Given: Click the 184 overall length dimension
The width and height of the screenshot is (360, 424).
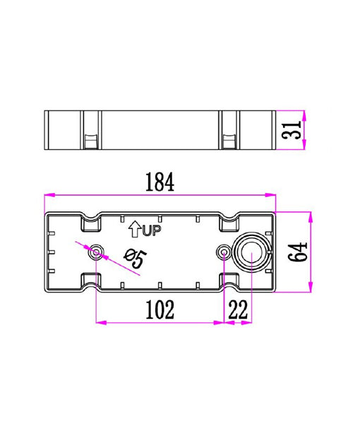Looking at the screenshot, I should point(160,182).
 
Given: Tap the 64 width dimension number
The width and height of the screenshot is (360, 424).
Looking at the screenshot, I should point(299,251).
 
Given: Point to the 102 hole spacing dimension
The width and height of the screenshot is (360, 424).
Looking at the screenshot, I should point(160,309).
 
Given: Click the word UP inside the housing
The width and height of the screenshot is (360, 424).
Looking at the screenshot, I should point(152,230).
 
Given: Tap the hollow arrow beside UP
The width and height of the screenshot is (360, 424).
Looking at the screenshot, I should point(135,228).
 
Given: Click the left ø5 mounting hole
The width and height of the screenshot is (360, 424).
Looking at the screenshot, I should point(96,252).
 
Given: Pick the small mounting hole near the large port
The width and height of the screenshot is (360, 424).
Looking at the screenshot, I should point(224,252).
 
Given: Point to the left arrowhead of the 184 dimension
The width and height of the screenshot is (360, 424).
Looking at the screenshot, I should point(48,194).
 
